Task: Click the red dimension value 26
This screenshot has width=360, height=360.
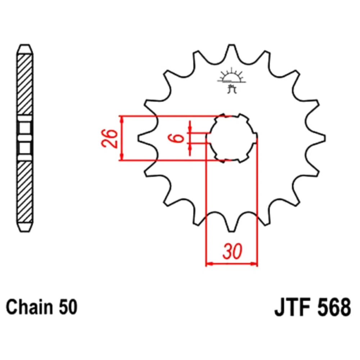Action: pyautogui.click(x=109, y=139)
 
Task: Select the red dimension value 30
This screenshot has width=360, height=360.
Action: pyautogui.click(x=232, y=251)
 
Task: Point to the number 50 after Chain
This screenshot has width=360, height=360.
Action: pyautogui.click(x=68, y=307)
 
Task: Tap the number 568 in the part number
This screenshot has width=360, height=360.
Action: pyautogui.click(x=334, y=307)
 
